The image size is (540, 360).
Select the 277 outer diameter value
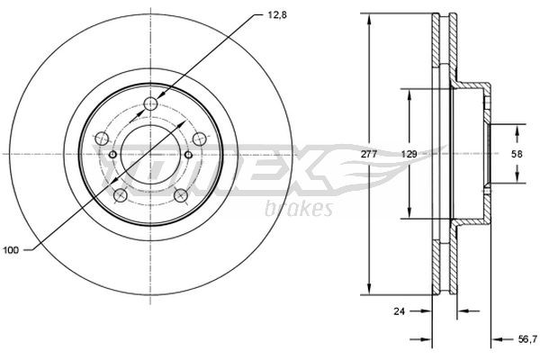368,156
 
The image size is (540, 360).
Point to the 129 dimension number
409,156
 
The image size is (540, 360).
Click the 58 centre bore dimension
517,155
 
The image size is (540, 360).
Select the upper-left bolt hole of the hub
102,139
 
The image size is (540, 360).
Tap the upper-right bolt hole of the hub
199,139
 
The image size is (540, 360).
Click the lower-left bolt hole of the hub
120,194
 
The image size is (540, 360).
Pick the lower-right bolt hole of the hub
181,194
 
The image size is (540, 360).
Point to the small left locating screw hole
112,155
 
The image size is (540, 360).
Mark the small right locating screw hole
188,155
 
